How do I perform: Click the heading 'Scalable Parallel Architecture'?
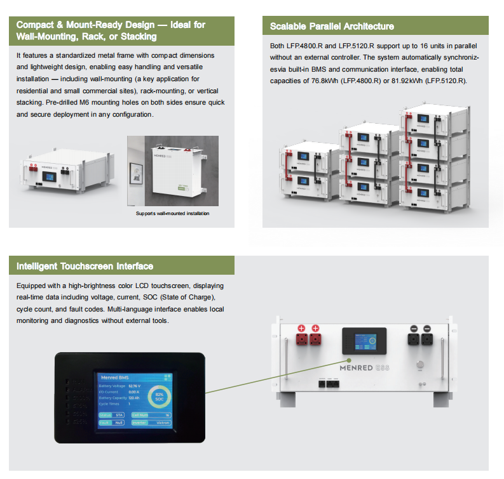tap(332, 26)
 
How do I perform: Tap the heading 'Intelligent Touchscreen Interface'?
tap(85, 266)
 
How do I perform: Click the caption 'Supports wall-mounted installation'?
tap(172, 213)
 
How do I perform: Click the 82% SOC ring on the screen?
tap(160, 398)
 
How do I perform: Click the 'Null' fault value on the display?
tap(118, 422)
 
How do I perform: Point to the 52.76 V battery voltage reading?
tap(135, 386)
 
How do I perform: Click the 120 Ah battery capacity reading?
tap(133, 398)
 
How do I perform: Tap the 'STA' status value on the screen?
tap(118, 414)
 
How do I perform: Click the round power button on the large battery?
tap(418, 365)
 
